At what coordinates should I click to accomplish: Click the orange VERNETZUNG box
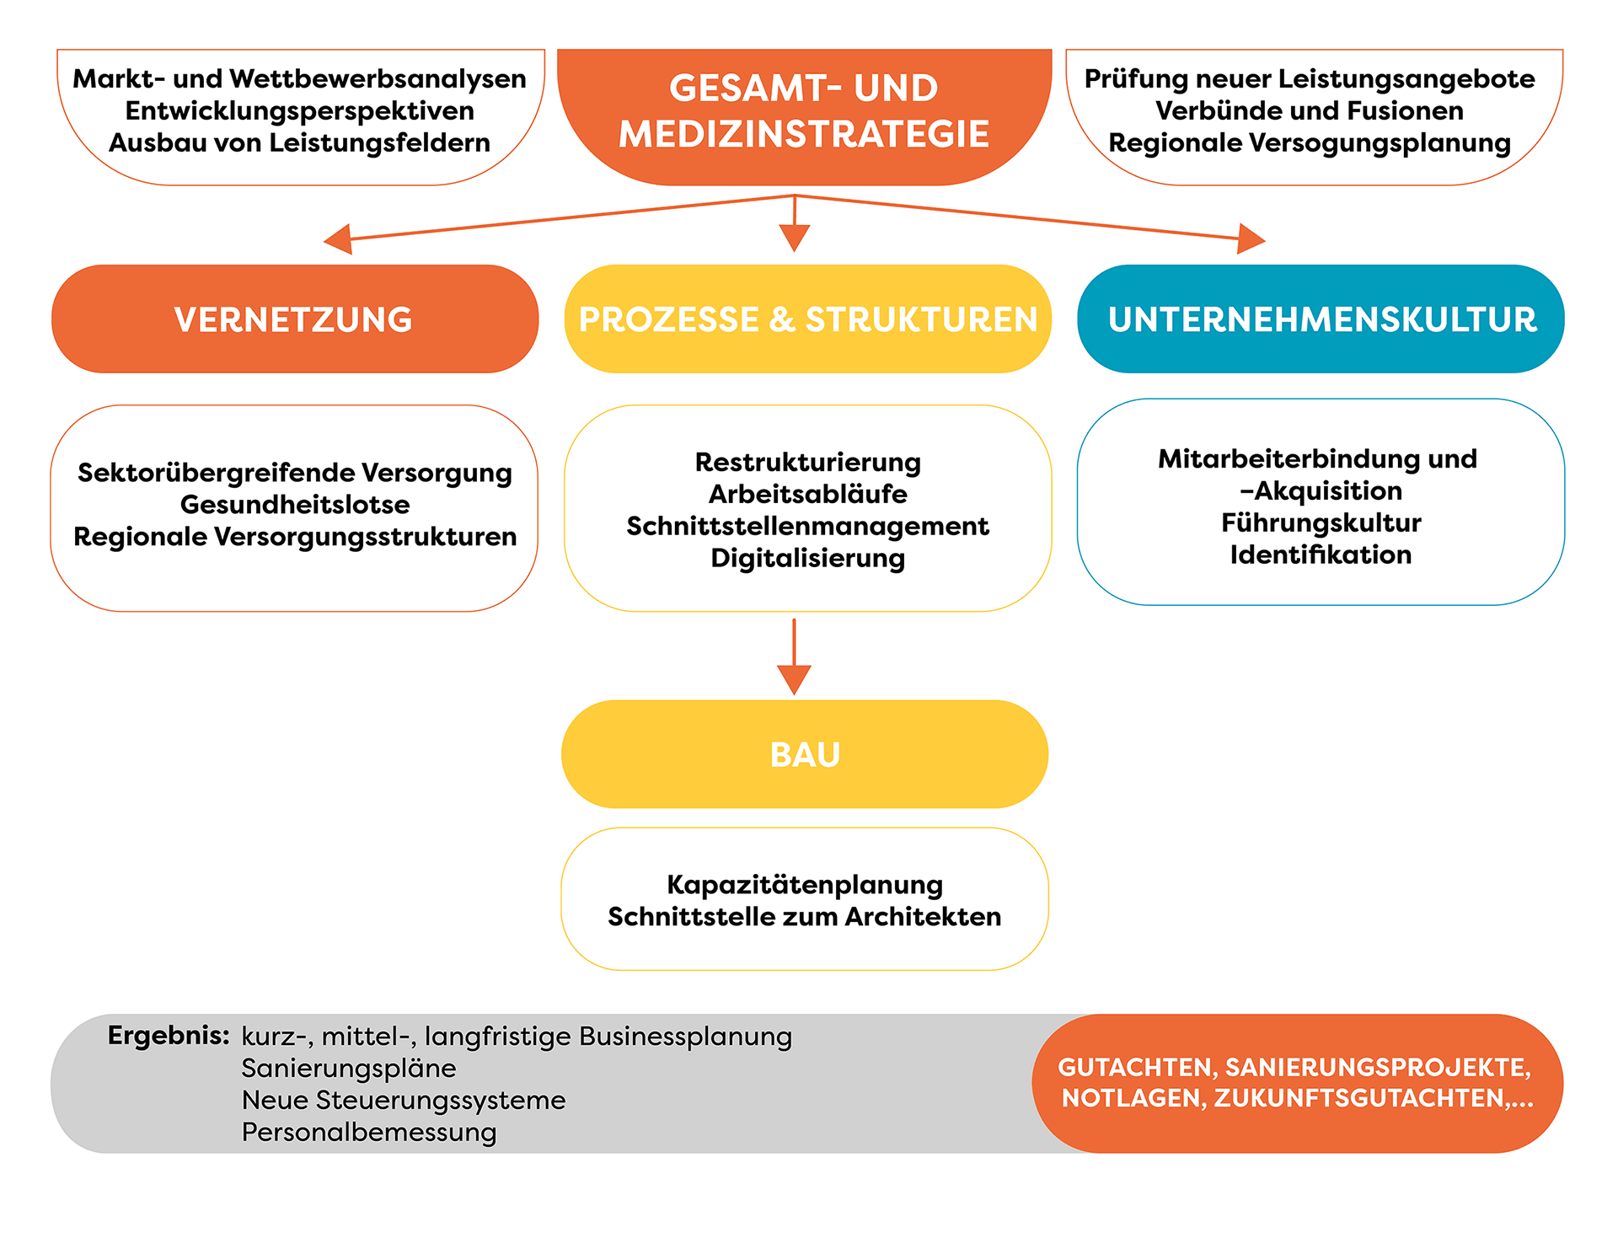[x=294, y=319]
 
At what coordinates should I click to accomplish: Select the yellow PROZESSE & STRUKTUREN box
[x=807, y=319]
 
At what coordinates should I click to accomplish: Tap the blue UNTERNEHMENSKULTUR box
[x=1321, y=319]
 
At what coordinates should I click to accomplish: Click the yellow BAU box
[x=805, y=754]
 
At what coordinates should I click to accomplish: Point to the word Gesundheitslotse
[x=295, y=504]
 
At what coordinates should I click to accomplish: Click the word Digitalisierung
[x=807, y=558]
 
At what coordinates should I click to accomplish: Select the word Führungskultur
[x=1321, y=522]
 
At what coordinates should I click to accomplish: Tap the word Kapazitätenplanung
[x=805, y=885]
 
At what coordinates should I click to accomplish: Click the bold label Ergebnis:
[x=169, y=1036]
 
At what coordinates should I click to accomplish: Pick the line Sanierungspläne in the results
[x=349, y=1068]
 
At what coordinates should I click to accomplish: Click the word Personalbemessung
[x=369, y=1132]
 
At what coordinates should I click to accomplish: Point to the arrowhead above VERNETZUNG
[x=339, y=239]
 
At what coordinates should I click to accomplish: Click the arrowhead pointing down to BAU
[x=794, y=678]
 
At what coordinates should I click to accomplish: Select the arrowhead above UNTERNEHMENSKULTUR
[x=1251, y=238]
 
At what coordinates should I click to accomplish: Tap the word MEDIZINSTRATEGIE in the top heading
[x=804, y=135]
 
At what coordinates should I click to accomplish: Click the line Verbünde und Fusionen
[x=1309, y=110]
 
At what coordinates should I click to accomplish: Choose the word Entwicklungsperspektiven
[x=299, y=110]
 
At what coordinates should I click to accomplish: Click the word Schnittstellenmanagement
[x=807, y=526]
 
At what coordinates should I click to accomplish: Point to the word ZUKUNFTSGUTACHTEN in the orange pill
[x=1358, y=1098]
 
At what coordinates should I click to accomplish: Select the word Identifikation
[x=1321, y=555]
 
